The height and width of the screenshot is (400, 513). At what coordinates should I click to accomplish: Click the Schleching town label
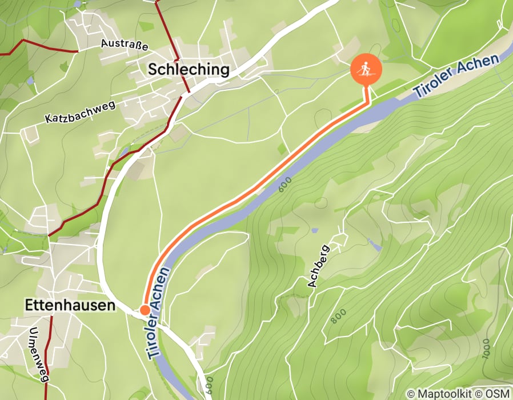pos(189,70)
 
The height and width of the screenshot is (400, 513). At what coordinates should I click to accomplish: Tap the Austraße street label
pos(125,43)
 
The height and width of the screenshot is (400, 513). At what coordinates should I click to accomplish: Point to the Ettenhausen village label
pos(70,306)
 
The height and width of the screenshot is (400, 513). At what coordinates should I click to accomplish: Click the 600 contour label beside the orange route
pos(286,185)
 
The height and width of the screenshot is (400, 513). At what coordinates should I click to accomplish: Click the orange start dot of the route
pos(145,310)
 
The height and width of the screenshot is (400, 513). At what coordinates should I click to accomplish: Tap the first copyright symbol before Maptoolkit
pos(411,394)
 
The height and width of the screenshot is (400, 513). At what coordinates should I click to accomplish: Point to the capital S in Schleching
pos(153,70)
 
